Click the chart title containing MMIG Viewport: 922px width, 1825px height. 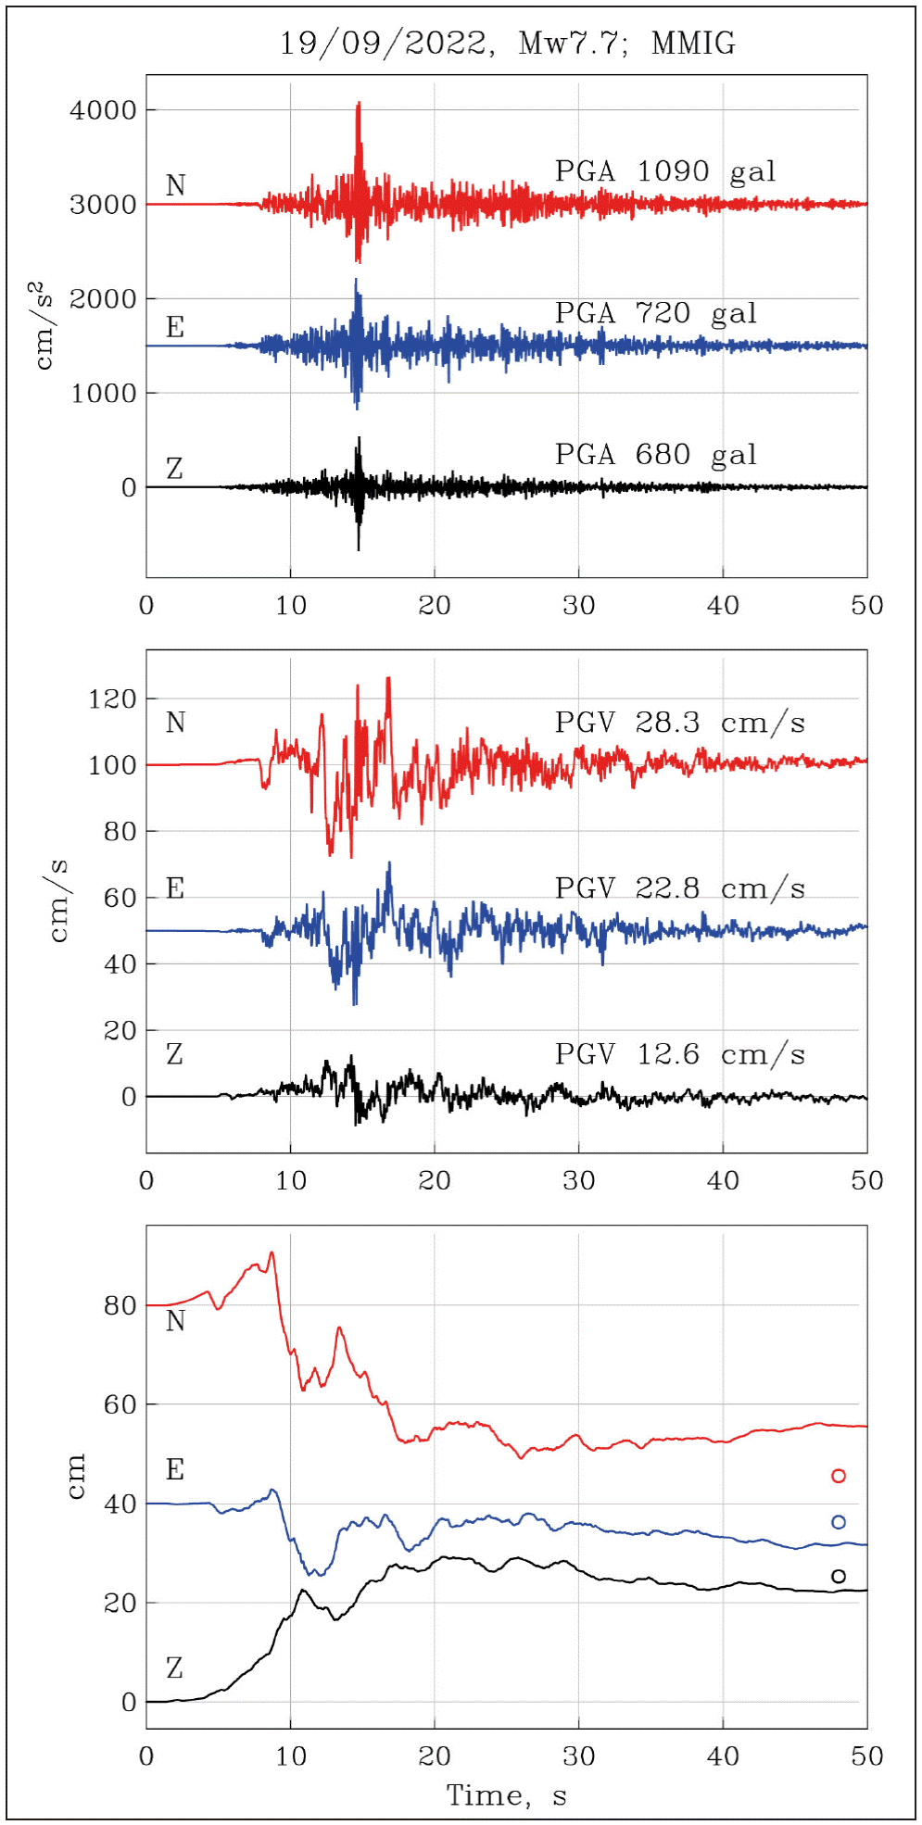[x=508, y=43]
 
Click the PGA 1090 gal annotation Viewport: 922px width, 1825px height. [x=664, y=171]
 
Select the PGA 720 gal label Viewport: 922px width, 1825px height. [x=655, y=313]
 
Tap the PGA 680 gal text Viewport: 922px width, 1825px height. [x=655, y=455]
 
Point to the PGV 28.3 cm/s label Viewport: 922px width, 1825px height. [x=679, y=723]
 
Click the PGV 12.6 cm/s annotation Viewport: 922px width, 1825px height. [x=679, y=1054]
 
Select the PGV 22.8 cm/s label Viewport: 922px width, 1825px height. [x=679, y=888]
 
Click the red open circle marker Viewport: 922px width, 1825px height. [x=839, y=1476]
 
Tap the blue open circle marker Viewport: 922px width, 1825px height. [x=839, y=1522]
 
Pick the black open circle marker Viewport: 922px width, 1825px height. [x=839, y=1576]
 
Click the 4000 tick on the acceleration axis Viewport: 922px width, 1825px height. [x=103, y=110]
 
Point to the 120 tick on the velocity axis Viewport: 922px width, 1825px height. [x=112, y=699]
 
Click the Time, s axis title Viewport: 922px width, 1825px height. [x=506, y=1795]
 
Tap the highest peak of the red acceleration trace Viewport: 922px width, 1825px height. [x=359, y=104]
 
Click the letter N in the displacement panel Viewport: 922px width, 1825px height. [x=175, y=1321]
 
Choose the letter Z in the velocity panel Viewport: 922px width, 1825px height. [x=174, y=1054]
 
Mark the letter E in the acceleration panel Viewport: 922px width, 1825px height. [x=174, y=327]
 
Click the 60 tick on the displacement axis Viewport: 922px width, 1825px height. [x=120, y=1405]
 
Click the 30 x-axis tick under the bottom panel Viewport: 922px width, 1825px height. [x=578, y=1756]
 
